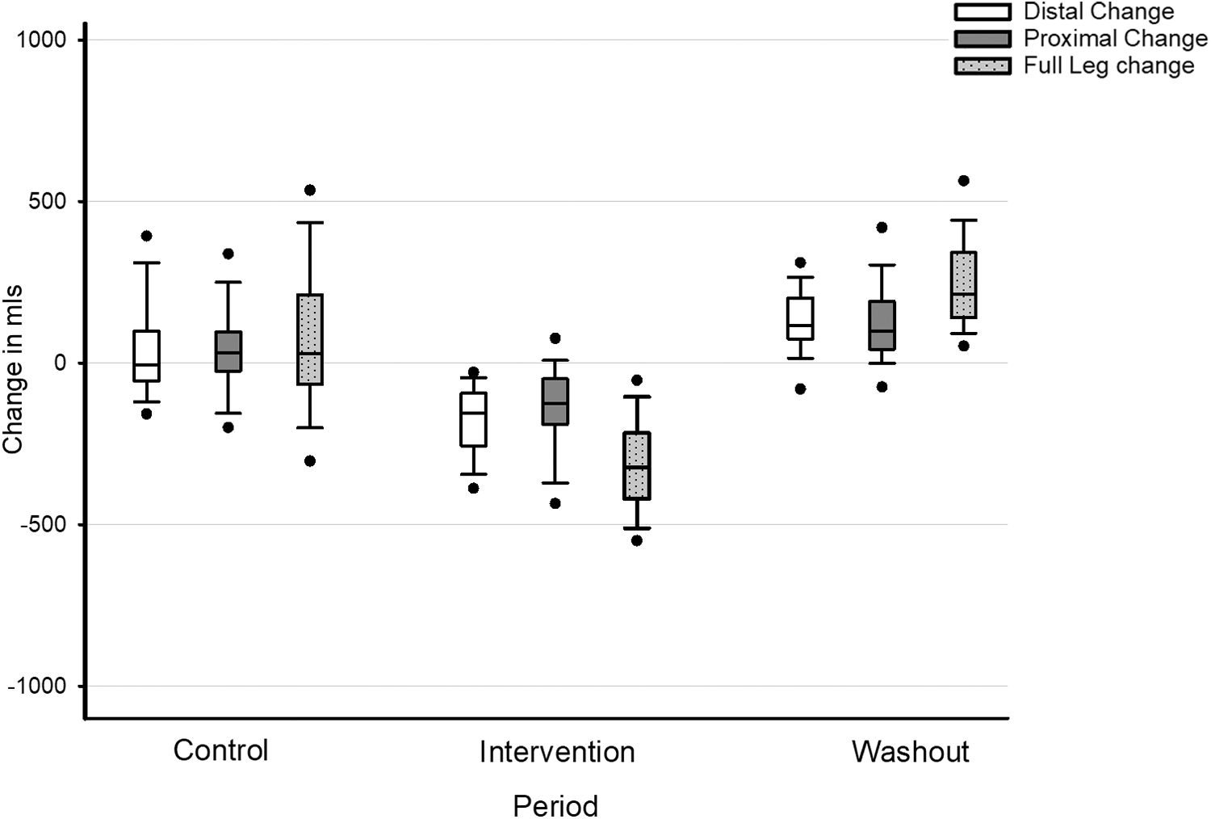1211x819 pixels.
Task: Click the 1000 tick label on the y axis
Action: click(41, 40)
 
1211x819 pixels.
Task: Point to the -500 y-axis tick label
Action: click(43, 524)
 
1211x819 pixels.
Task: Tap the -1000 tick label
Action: click(37, 686)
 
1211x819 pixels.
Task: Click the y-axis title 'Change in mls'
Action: click(12, 369)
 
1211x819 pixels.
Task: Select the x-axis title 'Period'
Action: click(555, 806)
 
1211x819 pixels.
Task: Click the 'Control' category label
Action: click(220, 750)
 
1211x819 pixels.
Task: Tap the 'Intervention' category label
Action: click(557, 752)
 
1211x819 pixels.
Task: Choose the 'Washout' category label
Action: click(911, 751)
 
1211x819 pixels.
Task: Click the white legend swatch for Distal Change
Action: click(983, 11)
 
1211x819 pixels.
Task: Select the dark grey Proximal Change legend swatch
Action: click(983, 39)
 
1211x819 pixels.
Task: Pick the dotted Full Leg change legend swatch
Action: click(983, 66)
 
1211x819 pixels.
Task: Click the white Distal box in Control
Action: click(146, 355)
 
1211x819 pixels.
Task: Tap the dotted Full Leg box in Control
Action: click(310, 339)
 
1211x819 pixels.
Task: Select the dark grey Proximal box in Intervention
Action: click(555, 401)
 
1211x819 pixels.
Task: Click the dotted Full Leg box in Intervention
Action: click(637, 466)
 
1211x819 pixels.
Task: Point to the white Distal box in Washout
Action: click(800, 318)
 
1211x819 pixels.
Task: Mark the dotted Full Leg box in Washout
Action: click(963, 284)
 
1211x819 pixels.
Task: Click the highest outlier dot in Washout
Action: click(963, 181)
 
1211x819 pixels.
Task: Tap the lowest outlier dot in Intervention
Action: click(637, 540)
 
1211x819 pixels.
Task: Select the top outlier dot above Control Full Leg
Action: click(310, 190)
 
